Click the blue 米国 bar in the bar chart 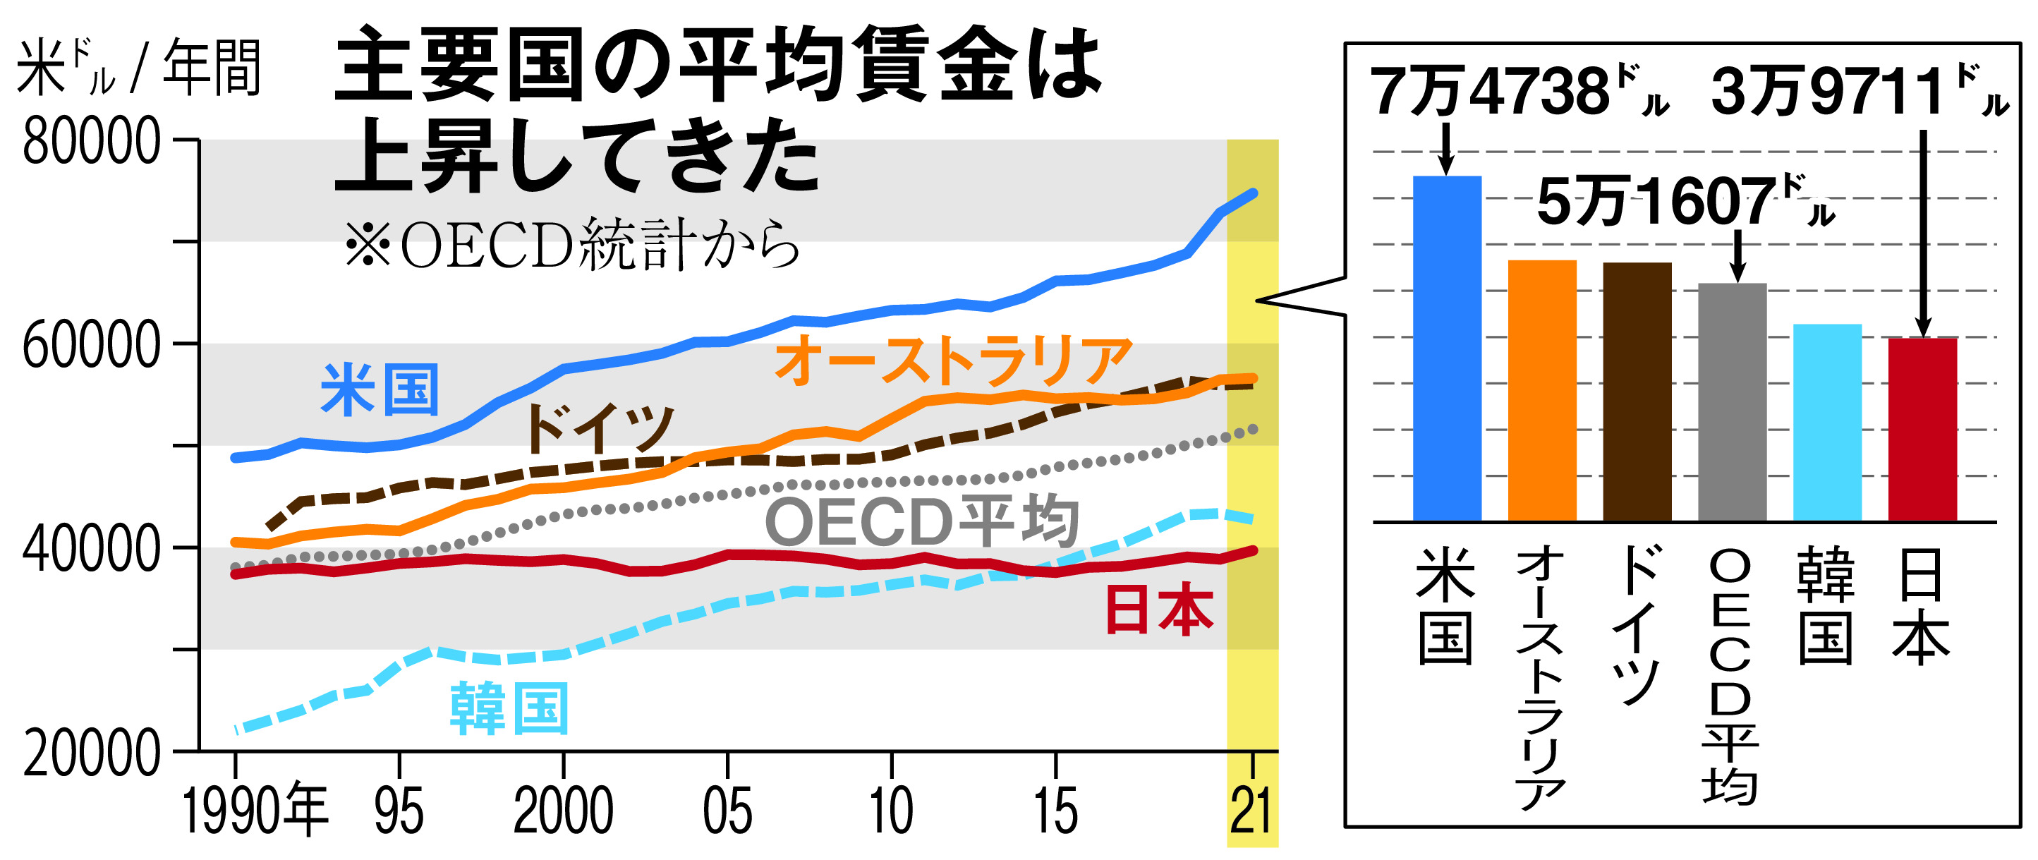(1447, 348)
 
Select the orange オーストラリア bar (1542, 390)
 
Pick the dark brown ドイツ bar (1637, 392)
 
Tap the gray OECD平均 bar (1732, 402)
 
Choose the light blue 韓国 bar (1827, 423)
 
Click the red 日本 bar (1922, 429)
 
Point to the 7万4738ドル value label (1519, 93)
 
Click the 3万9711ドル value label (1860, 93)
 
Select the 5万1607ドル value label (1685, 202)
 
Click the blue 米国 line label (380, 390)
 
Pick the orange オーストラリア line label (953, 361)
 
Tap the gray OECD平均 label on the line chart (922, 522)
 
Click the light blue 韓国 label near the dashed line (509, 709)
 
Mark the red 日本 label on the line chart (1158, 611)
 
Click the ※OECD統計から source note (571, 245)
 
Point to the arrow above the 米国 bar (1446, 149)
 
